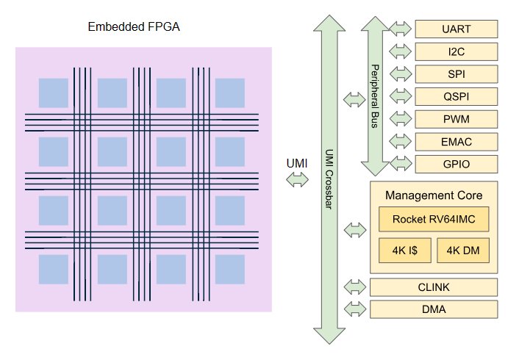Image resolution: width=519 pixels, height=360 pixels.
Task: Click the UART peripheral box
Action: coord(457,29)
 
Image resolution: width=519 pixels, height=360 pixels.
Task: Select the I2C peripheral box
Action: coord(457,51)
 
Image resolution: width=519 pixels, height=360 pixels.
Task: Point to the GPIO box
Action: coord(457,164)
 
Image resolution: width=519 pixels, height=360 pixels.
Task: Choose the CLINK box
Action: coord(434,287)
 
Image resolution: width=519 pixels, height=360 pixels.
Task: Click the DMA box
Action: coord(434,309)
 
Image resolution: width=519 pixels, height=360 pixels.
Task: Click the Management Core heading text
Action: coord(434,195)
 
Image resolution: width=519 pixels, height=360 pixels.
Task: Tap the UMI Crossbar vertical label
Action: coord(329,180)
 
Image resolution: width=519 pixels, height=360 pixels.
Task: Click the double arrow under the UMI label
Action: coord(298,179)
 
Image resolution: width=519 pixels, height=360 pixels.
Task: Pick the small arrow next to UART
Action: coord(401,29)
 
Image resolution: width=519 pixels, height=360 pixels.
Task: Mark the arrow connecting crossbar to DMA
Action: coord(356,309)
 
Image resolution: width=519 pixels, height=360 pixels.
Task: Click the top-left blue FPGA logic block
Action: coord(53,92)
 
